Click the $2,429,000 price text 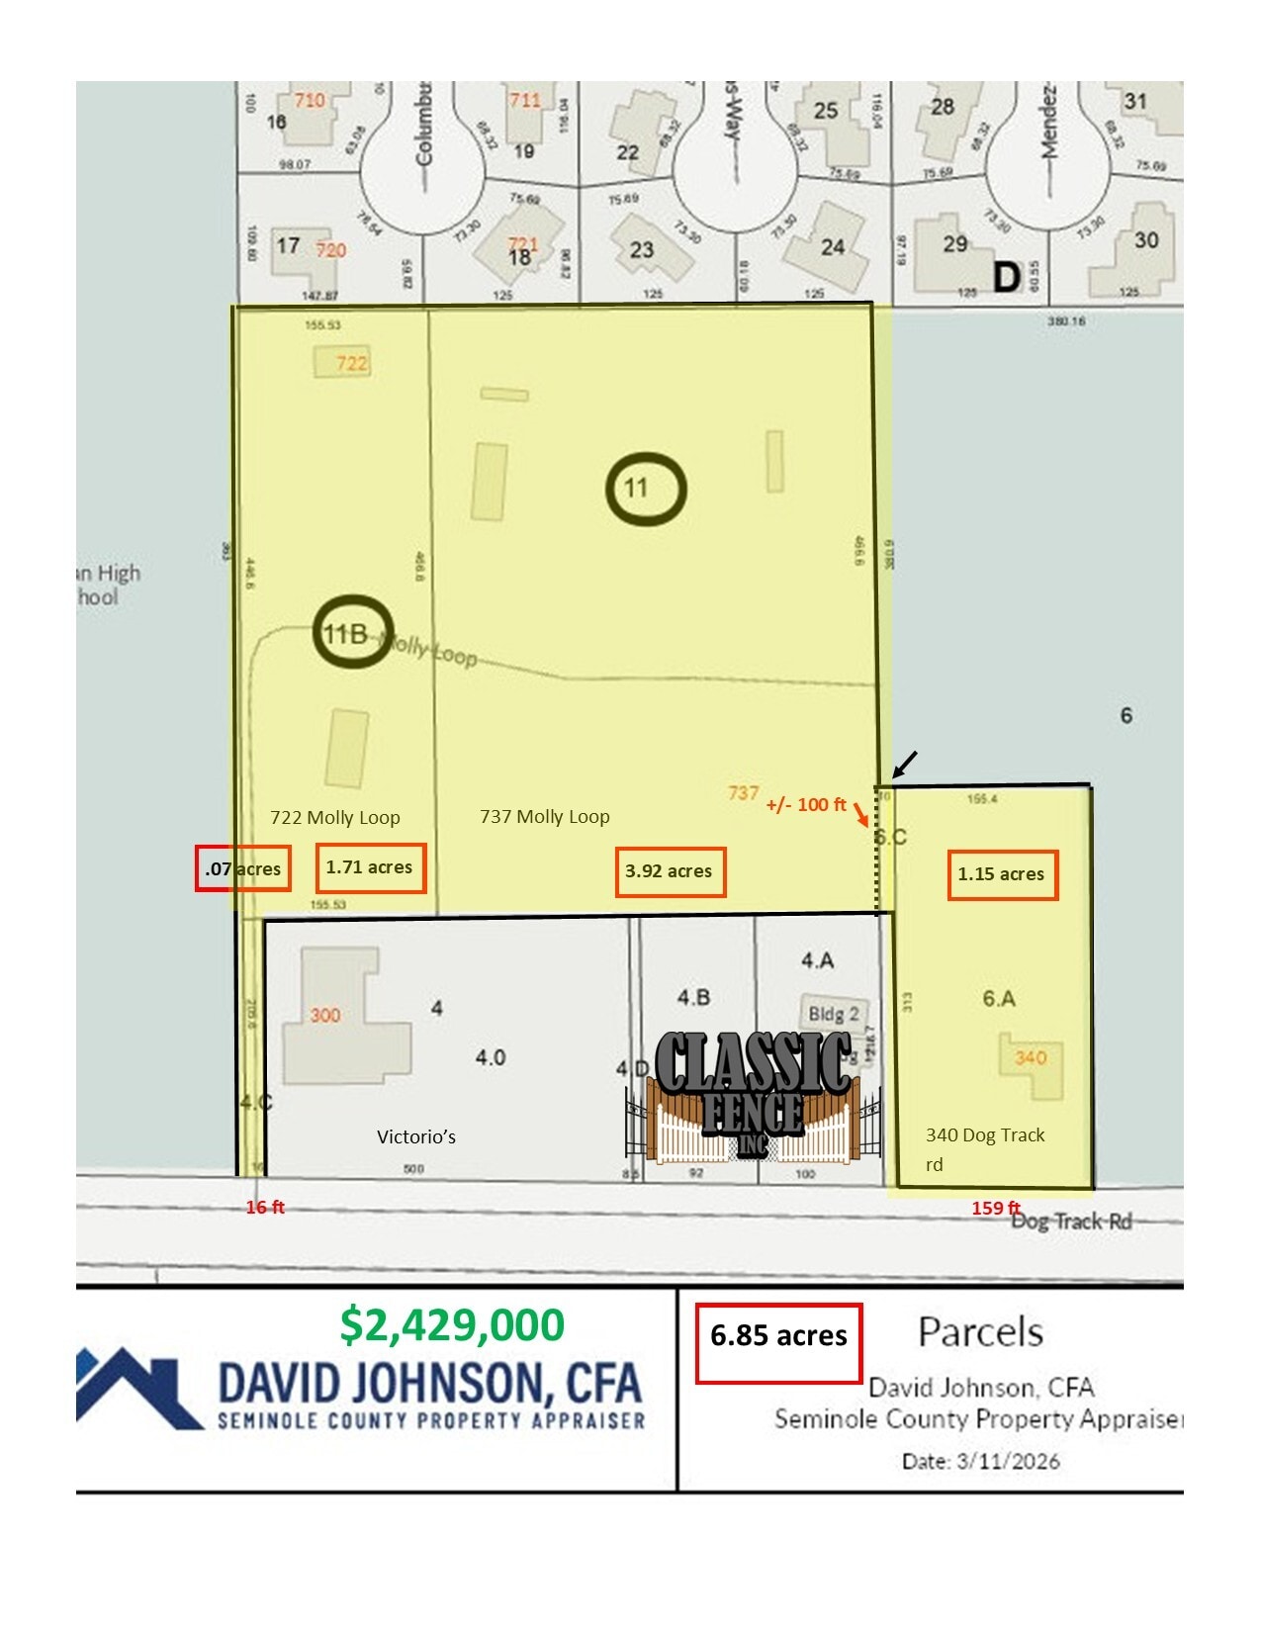pos(452,1324)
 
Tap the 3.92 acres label pos(670,871)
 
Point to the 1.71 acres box pos(370,867)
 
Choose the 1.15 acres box pos(1002,874)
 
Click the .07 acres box pos(243,869)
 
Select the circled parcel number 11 pos(646,489)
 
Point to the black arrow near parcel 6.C pos(905,765)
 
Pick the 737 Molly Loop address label pos(545,817)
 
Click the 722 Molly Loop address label pos(335,818)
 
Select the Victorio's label pos(416,1137)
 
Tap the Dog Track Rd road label pos(1072,1222)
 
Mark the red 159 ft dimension pos(995,1208)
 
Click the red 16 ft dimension pos(265,1207)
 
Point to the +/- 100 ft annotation pos(806,805)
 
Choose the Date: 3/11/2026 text pos(980,1461)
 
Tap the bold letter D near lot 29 pos(1006,277)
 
